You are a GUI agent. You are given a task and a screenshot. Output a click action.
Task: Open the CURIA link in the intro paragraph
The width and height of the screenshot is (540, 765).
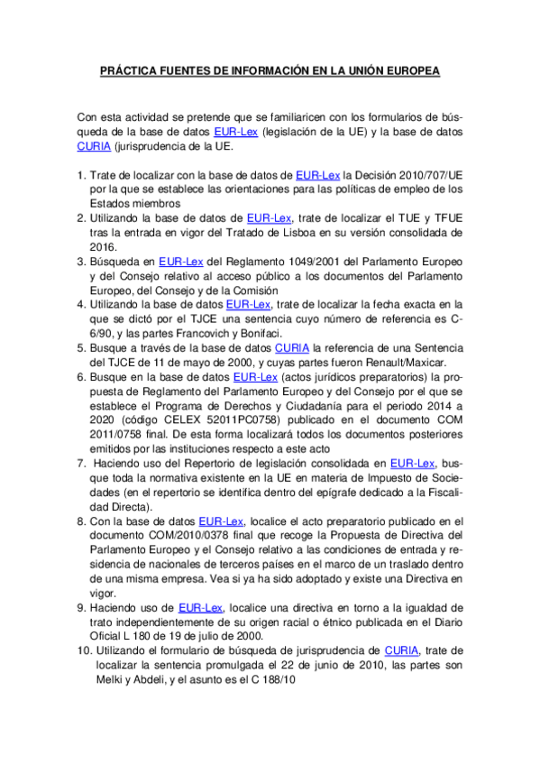(x=94, y=145)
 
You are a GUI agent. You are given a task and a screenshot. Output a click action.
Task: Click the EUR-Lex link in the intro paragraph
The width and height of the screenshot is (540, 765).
(x=236, y=131)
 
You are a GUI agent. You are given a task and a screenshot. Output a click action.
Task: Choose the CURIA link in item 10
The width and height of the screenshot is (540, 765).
(x=401, y=651)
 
